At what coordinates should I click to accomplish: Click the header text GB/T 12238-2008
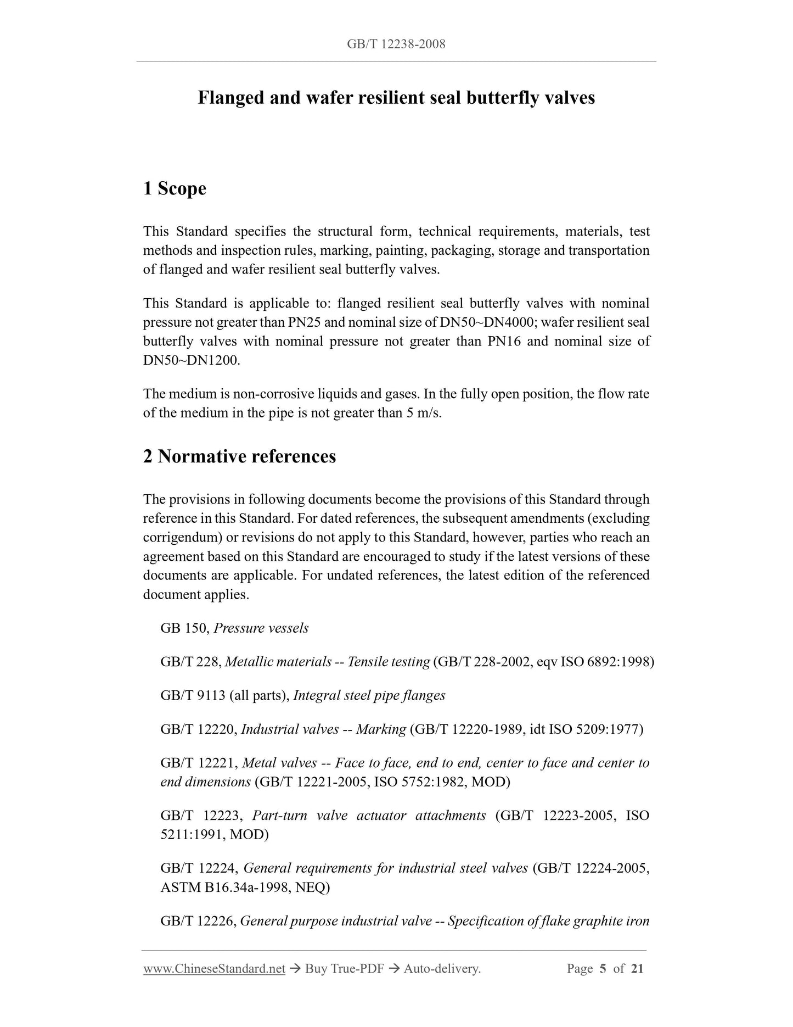396,44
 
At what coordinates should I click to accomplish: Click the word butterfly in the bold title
504,98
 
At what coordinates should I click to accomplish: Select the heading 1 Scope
175,188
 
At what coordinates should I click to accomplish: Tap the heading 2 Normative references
239,456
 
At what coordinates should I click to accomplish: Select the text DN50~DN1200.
192,360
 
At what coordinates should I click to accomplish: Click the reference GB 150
183,628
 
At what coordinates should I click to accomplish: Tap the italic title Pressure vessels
261,628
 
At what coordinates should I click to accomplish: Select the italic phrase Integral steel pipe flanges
369,696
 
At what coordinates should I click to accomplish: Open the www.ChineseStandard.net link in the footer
214,969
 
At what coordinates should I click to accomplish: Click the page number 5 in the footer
603,969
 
